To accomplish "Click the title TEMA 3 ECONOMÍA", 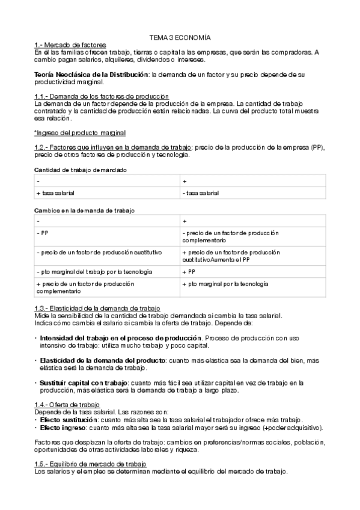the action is pos(180,37).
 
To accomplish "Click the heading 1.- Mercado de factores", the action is pos(70,45).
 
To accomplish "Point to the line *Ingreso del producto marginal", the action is pos(80,132).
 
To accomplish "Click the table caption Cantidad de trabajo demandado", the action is pos(81,170).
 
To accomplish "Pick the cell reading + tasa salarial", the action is pos(59,193).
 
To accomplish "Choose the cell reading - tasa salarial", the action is pos(201,193).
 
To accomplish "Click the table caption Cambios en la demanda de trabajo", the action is pos(85,210).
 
